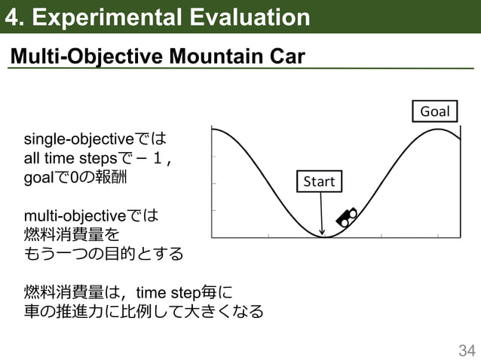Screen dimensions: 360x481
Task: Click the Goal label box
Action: click(x=435, y=111)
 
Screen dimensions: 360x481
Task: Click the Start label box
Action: click(x=318, y=182)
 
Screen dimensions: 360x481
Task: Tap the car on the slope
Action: click(x=346, y=217)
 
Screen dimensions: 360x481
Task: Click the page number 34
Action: click(x=467, y=349)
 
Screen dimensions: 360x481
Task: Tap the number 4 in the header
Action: click(x=12, y=17)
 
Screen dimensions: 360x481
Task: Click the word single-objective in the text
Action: click(x=78, y=140)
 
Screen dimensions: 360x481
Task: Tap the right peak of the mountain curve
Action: click(x=440, y=130)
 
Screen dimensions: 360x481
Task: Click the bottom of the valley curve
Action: click(x=324, y=237)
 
